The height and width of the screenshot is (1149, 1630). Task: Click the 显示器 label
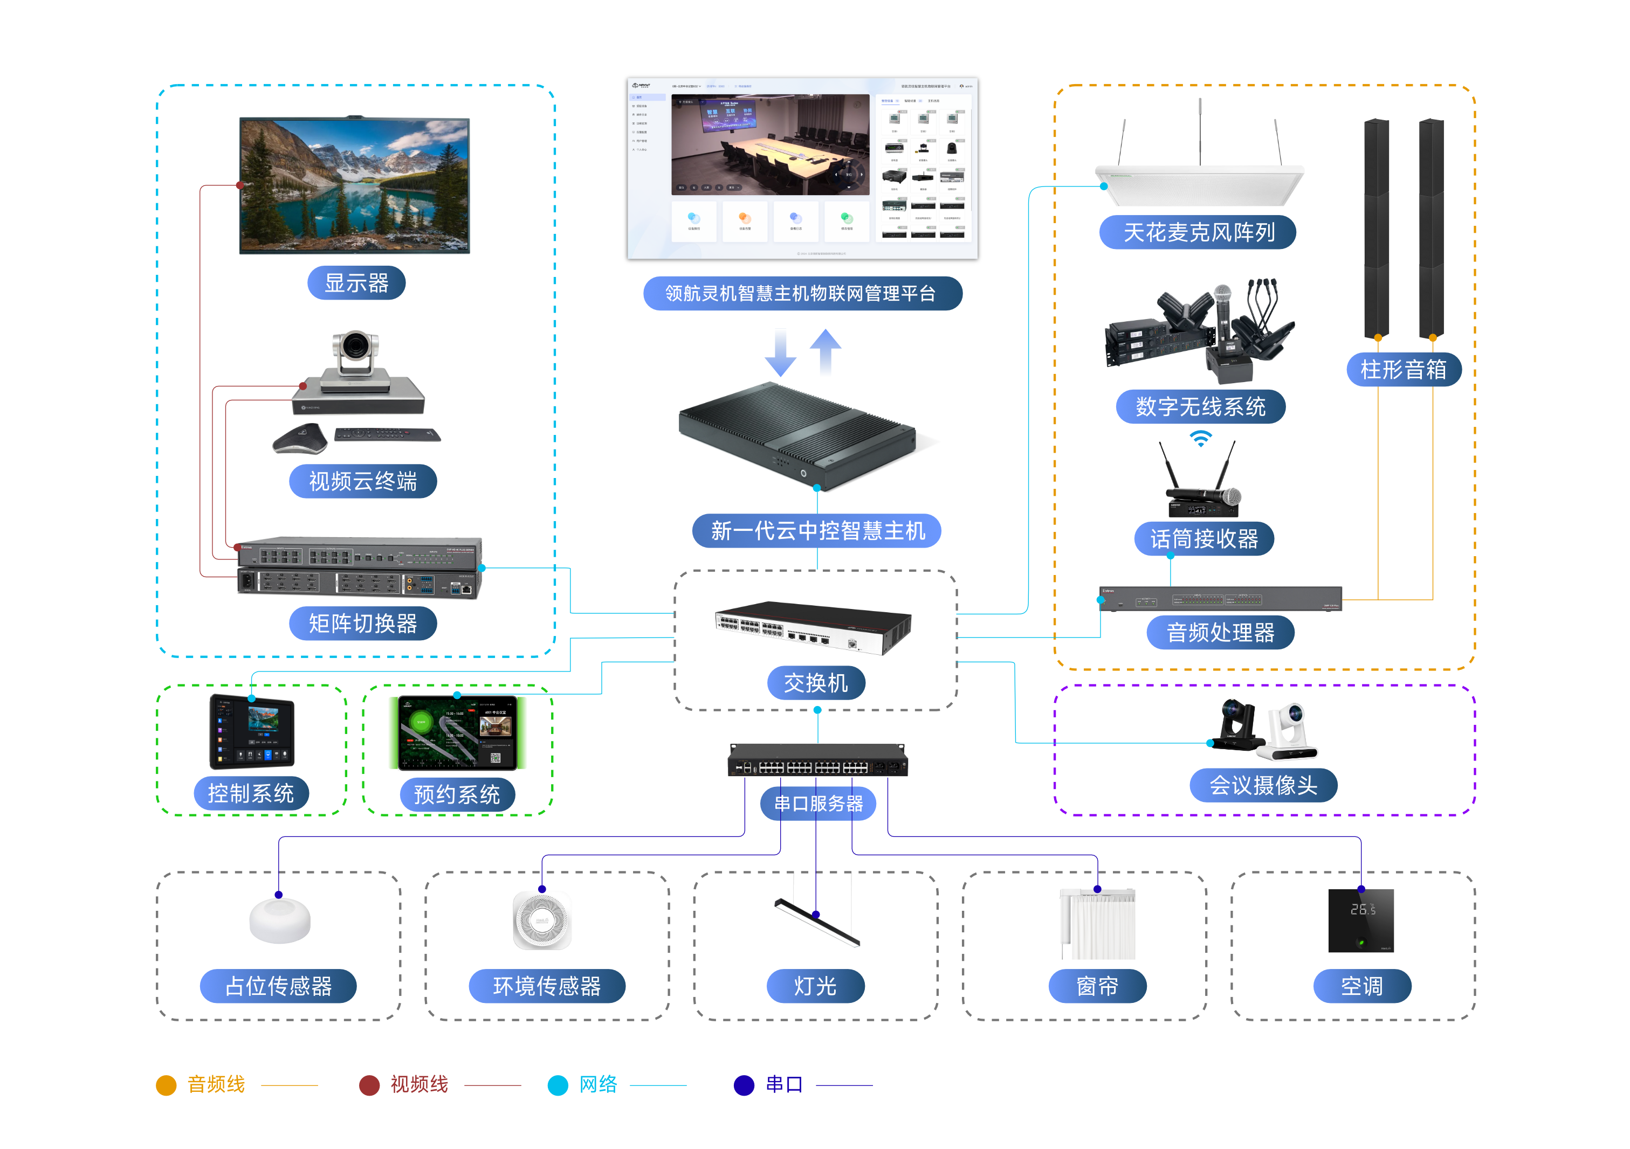click(x=356, y=283)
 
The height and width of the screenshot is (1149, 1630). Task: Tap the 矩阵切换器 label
click(x=363, y=624)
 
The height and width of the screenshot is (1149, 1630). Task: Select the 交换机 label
click(x=816, y=683)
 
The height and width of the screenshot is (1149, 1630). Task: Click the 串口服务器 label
click(x=818, y=804)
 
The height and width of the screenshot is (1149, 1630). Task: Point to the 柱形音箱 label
click(x=1403, y=370)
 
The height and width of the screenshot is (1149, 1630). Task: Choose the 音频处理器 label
click(x=1220, y=632)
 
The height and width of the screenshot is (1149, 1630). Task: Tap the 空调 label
click(x=1361, y=986)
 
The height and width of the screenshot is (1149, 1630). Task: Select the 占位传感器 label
click(x=278, y=986)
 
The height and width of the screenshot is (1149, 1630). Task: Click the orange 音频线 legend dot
click(x=166, y=1085)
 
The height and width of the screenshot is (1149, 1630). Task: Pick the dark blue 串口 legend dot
click(x=744, y=1085)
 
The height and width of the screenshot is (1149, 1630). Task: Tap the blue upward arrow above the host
click(x=826, y=351)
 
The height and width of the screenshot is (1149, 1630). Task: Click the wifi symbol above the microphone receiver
click(x=1200, y=439)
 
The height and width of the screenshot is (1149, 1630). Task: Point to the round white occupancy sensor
click(x=280, y=920)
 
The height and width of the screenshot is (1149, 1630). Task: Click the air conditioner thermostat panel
click(x=1361, y=920)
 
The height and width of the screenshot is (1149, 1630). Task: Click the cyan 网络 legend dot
click(x=558, y=1085)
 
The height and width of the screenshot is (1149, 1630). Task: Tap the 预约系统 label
click(x=457, y=794)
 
